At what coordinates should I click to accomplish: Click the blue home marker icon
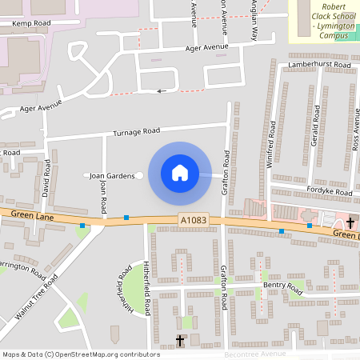(x=180, y=172)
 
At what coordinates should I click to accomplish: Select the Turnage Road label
(x=136, y=130)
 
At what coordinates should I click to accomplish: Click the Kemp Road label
(x=31, y=24)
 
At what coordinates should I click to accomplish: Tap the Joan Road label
(x=103, y=197)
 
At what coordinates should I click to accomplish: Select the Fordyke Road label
(x=330, y=193)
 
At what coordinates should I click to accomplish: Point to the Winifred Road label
(x=270, y=144)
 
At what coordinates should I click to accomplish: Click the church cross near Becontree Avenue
(x=180, y=341)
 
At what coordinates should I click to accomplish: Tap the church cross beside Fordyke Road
(x=350, y=222)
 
